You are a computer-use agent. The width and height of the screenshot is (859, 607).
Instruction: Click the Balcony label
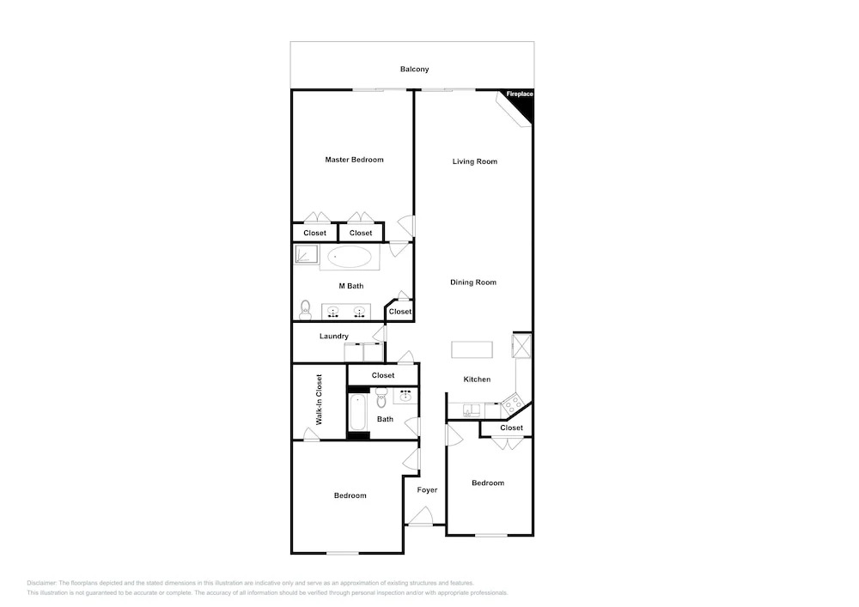(414, 69)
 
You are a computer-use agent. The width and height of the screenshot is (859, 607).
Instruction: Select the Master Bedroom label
(354, 160)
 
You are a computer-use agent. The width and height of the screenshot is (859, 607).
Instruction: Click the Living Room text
(474, 161)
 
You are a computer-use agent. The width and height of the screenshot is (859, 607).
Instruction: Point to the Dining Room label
(473, 282)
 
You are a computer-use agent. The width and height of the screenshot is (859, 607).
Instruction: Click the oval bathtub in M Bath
(349, 257)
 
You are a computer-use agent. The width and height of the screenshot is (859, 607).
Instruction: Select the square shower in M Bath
(306, 254)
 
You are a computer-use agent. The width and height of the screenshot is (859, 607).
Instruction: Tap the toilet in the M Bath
(305, 310)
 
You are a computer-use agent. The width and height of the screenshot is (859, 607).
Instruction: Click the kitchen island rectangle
(472, 349)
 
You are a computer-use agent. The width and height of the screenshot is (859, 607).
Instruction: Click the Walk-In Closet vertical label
(319, 399)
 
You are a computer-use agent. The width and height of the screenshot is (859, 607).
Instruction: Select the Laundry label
(333, 336)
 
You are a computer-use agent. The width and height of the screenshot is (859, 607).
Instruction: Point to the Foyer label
(427, 490)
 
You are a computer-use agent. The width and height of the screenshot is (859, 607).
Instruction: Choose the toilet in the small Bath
(381, 398)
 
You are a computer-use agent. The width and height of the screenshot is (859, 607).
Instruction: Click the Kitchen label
(477, 379)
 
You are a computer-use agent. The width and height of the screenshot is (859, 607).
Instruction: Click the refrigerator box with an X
(521, 345)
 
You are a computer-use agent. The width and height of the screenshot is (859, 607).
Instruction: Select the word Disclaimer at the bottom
(41, 583)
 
